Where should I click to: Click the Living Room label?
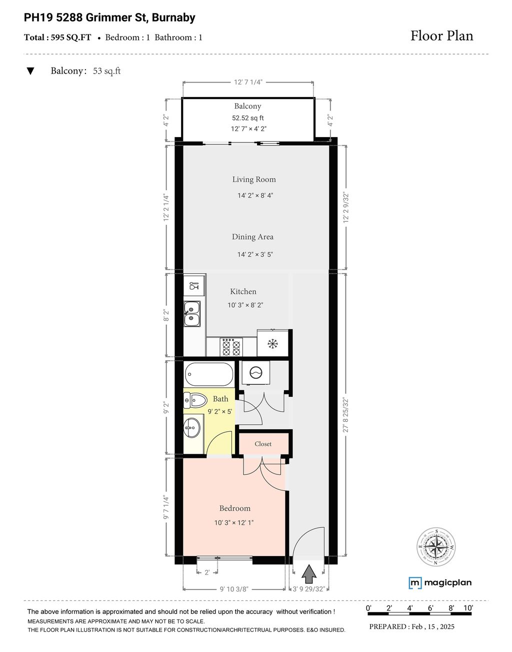[x=253, y=179]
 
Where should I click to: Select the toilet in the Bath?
[x=195, y=400]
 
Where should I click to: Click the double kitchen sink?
[x=192, y=314]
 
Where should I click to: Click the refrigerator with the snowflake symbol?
[x=272, y=343]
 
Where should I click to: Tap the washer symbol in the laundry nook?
[x=255, y=373]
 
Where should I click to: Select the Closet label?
[x=263, y=444]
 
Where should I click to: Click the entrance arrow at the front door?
[x=309, y=573]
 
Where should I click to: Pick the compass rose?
[x=436, y=547]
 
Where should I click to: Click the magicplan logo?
[x=440, y=582]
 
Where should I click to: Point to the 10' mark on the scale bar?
[x=468, y=608]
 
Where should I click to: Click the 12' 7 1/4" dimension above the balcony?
[x=248, y=83]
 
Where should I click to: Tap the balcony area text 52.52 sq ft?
[x=247, y=118]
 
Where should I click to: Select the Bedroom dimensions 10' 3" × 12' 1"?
[x=234, y=523]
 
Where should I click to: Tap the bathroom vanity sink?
[x=192, y=427]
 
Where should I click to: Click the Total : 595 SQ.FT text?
[x=57, y=37]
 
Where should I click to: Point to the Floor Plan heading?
[x=441, y=36]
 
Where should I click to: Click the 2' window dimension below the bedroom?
[x=207, y=573]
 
